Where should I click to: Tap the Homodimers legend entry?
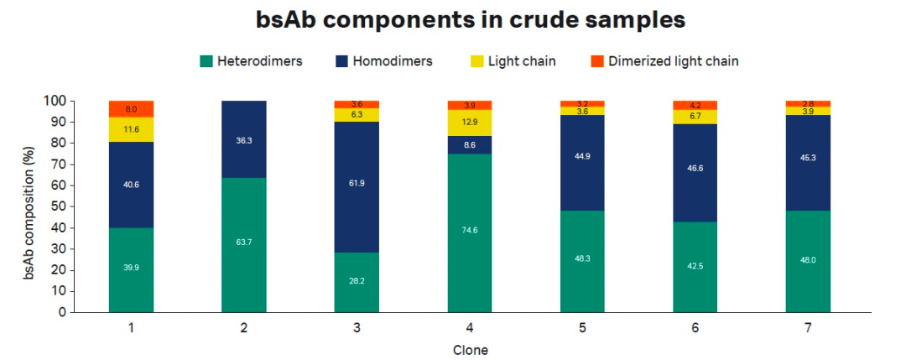coord(395,61)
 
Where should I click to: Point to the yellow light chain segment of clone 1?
coord(131,130)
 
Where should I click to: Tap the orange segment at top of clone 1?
coord(131,109)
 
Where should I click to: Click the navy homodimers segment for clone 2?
coord(243,139)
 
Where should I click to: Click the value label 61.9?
coord(357,181)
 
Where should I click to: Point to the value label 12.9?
coord(470,123)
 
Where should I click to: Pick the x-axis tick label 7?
coord(808,328)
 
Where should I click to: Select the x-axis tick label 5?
coord(582,328)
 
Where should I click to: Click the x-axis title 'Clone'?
coord(470,349)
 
